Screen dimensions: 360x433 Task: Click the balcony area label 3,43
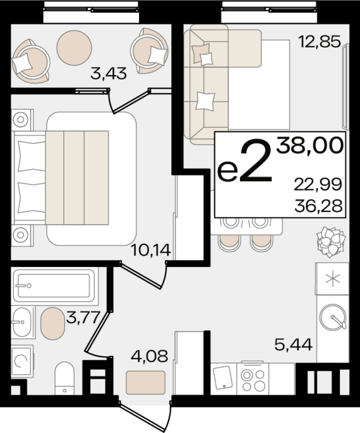coord(109,74)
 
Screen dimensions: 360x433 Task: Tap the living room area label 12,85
coord(320,42)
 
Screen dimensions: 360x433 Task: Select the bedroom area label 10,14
coord(151,250)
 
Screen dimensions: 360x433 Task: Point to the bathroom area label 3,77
coord(83,317)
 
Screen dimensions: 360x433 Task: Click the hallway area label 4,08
coord(150,356)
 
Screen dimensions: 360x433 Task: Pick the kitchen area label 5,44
coord(294,345)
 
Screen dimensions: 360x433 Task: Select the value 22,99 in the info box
coord(318,184)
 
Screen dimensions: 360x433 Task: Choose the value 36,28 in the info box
coord(318,206)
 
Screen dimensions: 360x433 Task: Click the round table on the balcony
coord(74,48)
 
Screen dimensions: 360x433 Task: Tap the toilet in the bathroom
coord(64,378)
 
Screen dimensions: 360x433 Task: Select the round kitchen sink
coord(333,317)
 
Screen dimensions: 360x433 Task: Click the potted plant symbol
coord(332,242)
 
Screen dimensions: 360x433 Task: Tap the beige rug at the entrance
coord(146,383)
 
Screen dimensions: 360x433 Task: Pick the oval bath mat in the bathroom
coord(53,323)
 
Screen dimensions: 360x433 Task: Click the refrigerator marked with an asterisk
coord(333,278)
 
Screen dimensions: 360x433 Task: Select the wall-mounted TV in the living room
coord(345,86)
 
